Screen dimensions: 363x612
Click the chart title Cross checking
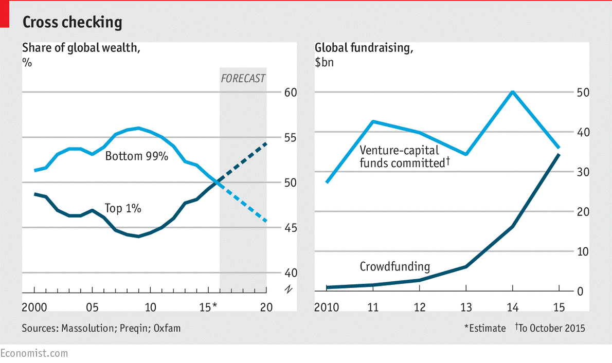pos(72,22)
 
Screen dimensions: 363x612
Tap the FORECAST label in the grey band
pos(243,78)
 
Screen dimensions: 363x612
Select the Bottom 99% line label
pos(137,156)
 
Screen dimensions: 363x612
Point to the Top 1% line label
pos(123,208)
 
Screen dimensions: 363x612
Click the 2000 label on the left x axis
pos(34,307)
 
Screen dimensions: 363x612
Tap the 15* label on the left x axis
pos(208,307)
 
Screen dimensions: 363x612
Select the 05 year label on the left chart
pos(92,307)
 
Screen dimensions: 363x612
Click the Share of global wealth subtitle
pos(81,48)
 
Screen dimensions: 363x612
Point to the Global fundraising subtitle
pos(364,48)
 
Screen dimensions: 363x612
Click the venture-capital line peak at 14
pos(513,92)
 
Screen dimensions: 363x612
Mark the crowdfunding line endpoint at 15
pos(560,154)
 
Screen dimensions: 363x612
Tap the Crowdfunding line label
pos(394,266)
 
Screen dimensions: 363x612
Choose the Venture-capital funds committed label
pos(405,157)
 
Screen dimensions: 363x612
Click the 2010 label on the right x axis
pos(327,307)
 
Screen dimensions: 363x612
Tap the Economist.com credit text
pos(34,353)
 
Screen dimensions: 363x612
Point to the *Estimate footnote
pos(485,328)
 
